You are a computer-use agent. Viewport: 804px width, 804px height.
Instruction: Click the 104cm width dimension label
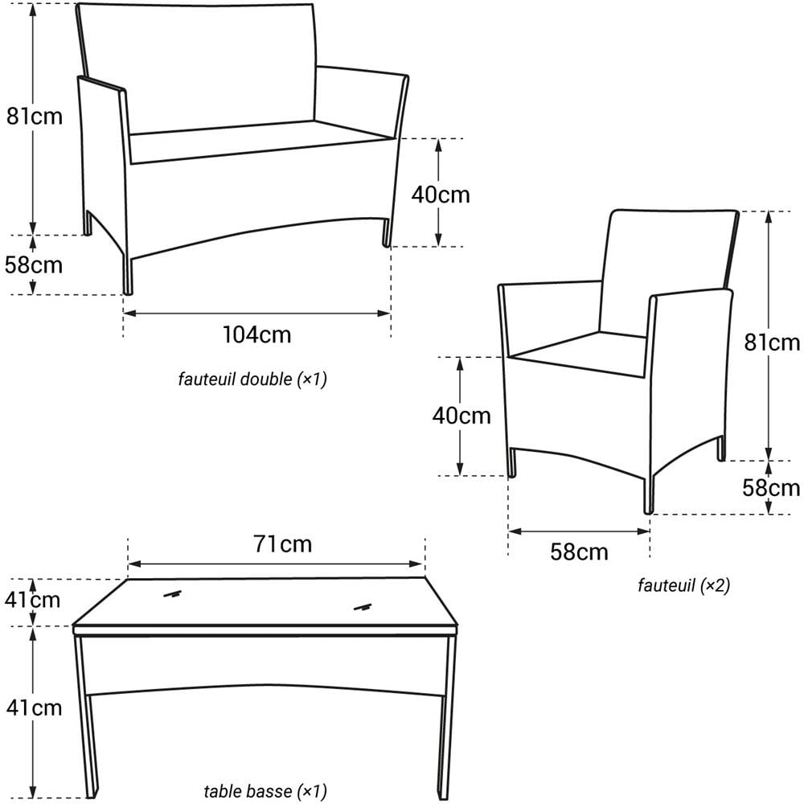[256, 334]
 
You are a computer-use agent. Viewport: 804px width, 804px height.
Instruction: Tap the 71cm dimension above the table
[282, 544]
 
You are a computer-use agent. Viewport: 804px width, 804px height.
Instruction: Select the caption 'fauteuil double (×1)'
[252, 379]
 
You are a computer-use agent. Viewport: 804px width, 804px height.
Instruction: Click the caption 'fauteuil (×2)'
[683, 585]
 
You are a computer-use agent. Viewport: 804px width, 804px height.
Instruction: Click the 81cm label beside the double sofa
[34, 116]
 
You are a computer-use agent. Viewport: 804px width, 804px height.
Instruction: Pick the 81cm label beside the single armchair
[773, 343]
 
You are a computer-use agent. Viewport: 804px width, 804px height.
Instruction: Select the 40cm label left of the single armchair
[461, 416]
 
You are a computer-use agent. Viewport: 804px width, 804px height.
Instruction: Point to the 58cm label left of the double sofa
[34, 265]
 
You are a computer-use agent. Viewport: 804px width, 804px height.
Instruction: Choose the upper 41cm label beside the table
[32, 600]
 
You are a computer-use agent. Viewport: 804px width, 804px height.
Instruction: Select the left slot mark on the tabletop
[170, 595]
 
